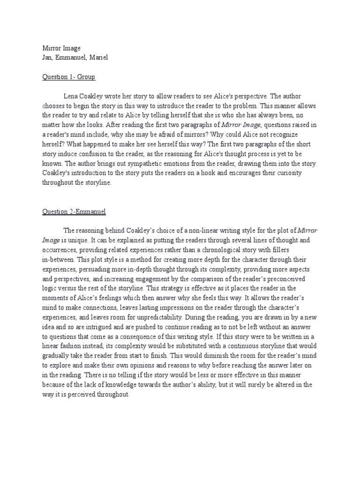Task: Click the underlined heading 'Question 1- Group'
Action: (68, 77)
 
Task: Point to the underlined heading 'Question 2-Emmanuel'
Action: (74, 212)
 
